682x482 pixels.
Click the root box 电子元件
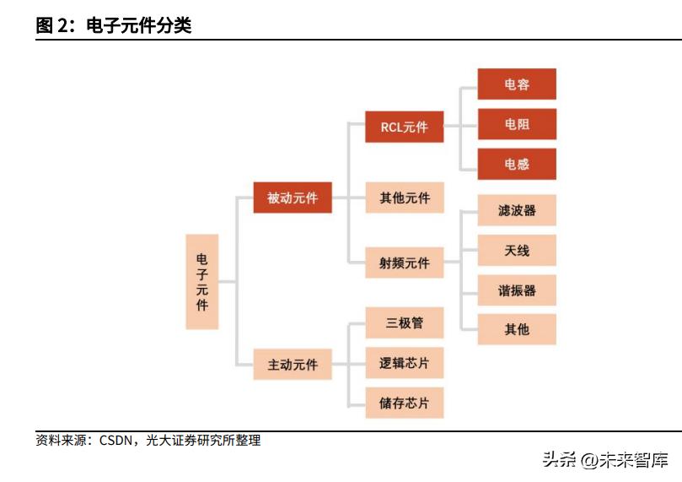click(202, 282)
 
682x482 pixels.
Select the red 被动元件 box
click(293, 198)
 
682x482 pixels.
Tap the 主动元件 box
click(293, 365)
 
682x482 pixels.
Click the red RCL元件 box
click(405, 127)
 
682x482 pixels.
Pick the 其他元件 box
click(405, 198)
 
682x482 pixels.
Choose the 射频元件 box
click(405, 263)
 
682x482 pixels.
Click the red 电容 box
click(517, 84)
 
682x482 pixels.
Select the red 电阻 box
click(517, 124)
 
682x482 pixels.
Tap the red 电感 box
click(517, 164)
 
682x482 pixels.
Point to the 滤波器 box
click(517, 210)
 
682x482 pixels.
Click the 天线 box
click(517, 251)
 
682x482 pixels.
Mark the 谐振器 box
click(517, 290)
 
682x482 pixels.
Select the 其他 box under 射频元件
click(517, 329)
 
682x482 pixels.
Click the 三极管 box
click(405, 322)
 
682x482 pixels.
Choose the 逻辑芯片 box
click(405, 363)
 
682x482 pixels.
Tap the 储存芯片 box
click(405, 403)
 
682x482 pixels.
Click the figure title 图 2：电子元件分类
click(114, 25)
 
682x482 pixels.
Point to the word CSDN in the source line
click(117, 441)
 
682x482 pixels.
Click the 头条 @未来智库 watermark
click(604, 461)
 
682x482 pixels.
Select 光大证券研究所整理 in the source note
click(203, 441)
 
